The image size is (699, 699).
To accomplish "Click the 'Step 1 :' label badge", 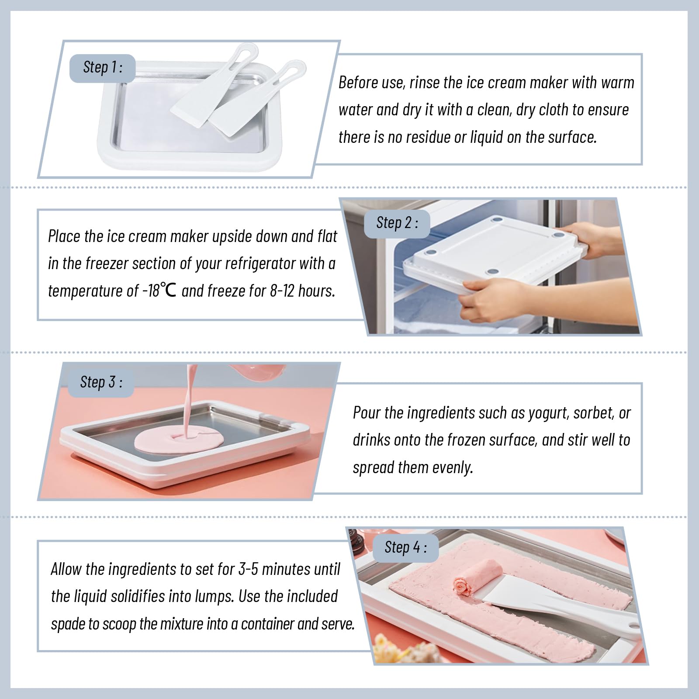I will coord(103,68).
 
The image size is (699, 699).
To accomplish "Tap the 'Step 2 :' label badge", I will coord(397,224).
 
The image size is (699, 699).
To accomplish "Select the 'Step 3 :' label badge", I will coord(101,383).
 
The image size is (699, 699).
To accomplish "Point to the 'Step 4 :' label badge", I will coord(405,548).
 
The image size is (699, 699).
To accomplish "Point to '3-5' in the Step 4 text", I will coord(248,570).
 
